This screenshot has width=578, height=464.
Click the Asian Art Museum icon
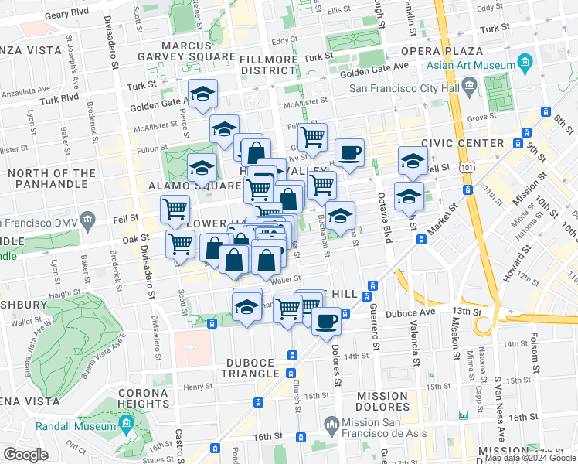[525, 61]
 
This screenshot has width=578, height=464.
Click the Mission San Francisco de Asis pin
[331, 423]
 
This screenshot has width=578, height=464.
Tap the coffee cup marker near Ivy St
[349, 152]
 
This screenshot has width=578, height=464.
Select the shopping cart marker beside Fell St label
[175, 210]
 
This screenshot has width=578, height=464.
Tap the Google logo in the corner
[26, 454]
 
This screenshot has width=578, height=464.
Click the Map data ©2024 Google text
[530, 459]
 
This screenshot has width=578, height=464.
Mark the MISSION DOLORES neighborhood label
[382, 401]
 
